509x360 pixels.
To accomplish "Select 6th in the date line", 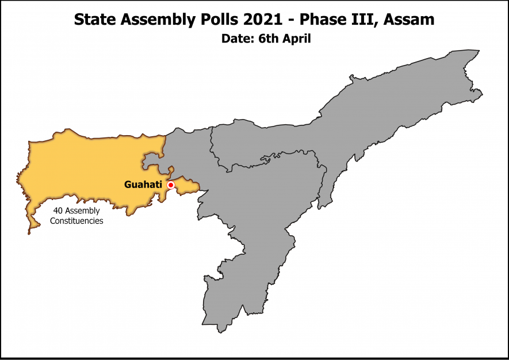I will click(267, 39).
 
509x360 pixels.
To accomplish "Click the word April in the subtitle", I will click(297, 39).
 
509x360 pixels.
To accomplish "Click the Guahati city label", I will click(143, 185).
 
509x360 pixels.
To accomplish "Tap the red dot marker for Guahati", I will click(170, 185).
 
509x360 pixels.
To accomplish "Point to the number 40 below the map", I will click(58, 211).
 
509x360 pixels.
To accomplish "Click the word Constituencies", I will click(77, 221).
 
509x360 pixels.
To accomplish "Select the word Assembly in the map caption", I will click(82, 211).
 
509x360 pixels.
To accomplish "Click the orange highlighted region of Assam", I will click(86, 167).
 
